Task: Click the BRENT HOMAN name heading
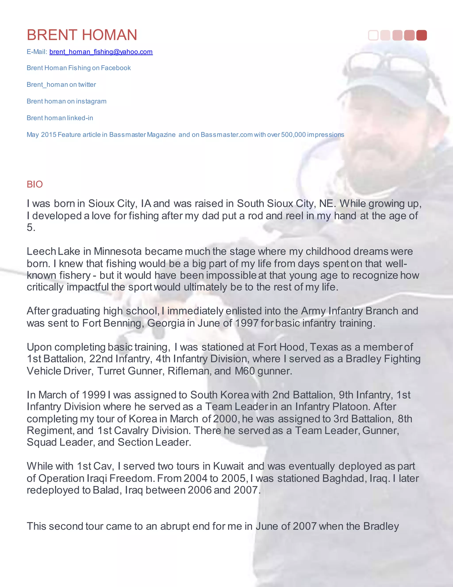click(82, 35)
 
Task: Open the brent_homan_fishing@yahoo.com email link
click(101, 52)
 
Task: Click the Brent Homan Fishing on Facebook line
click(79, 68)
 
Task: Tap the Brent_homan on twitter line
click(61, 85)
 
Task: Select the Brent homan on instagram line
click(67, 101)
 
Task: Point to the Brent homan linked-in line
click(60, 118)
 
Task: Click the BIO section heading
click(35, 184)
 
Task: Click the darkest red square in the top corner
click(421, 35)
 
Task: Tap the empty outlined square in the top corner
click(373, 35)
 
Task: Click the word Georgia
click(166, 323)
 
